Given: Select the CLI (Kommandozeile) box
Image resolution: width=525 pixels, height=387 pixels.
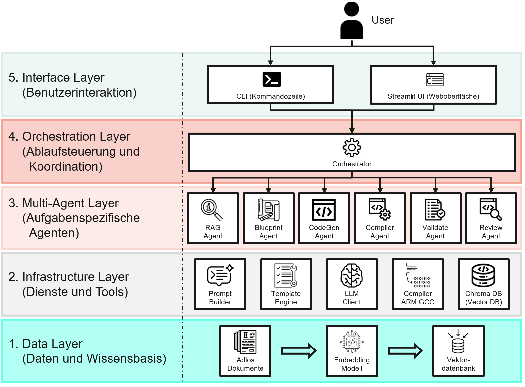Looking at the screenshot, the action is (270, 84).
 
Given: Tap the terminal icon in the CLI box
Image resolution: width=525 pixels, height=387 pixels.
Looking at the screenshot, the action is (272, 79).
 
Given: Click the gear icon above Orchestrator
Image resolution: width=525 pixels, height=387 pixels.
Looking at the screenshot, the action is (352, 147).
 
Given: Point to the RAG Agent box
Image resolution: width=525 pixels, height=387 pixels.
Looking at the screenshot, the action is (213, 218).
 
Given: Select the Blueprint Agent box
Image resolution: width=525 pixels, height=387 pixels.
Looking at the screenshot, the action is (268, 218).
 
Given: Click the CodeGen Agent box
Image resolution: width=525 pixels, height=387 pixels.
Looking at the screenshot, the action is (324, 218).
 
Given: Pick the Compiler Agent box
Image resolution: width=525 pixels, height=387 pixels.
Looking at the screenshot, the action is (380, 218).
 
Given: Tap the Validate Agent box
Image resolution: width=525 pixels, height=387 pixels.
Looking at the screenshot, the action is (435, 218).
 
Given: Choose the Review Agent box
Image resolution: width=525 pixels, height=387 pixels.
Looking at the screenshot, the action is (491, 218).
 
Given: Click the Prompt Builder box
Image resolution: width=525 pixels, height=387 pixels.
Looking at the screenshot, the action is (220, 284).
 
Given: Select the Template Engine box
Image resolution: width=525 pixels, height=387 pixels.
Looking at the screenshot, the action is (286, 284).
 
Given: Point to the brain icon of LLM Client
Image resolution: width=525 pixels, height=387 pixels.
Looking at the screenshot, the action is (352, 275).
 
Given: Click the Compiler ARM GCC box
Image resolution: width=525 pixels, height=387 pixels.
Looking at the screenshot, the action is (418, 284).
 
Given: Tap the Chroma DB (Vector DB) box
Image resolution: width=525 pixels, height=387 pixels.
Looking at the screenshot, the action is (484, 284).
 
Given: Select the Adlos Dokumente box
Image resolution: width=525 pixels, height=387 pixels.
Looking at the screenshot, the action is (245, 351).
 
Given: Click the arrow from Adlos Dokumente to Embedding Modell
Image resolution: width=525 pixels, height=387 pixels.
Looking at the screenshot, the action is (299, 351).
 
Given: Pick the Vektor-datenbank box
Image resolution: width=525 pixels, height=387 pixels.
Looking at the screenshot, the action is (458, 351).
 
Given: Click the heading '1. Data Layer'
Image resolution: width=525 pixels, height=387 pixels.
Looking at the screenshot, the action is (45, 344).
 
